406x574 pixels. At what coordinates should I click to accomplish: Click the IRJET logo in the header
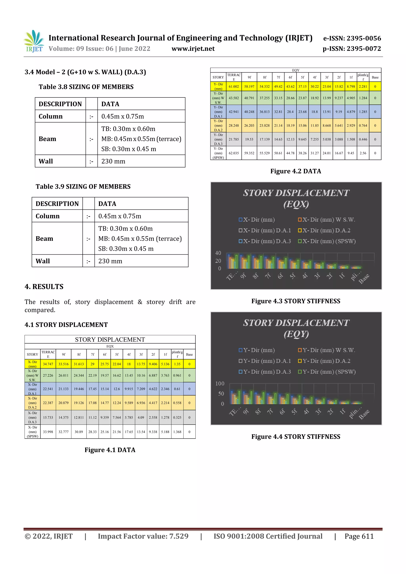[34, 41]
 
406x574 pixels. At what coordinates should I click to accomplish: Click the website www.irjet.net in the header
[193, 49]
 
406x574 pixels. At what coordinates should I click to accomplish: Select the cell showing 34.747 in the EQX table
[48, 364]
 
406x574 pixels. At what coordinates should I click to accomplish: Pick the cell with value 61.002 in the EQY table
[234, 87]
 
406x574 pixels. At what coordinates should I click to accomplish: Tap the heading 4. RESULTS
[44, 287]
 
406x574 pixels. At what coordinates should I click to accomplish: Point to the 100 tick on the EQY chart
[220, 384]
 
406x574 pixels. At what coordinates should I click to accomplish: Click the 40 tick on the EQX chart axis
[218, 253]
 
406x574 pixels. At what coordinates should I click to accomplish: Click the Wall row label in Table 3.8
[46, 161]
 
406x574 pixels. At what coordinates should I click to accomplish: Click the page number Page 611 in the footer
[359, 536]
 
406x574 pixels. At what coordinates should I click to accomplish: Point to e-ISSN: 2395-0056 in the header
[352, 38]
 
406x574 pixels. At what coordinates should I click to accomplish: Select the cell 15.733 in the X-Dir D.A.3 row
[48, 417]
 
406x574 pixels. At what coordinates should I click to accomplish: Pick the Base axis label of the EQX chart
[364, 279]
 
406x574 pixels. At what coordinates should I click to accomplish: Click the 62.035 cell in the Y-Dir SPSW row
[234, 153]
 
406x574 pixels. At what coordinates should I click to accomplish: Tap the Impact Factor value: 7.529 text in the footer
[143, 536]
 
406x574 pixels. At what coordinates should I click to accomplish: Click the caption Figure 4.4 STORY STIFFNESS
[296, 437]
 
